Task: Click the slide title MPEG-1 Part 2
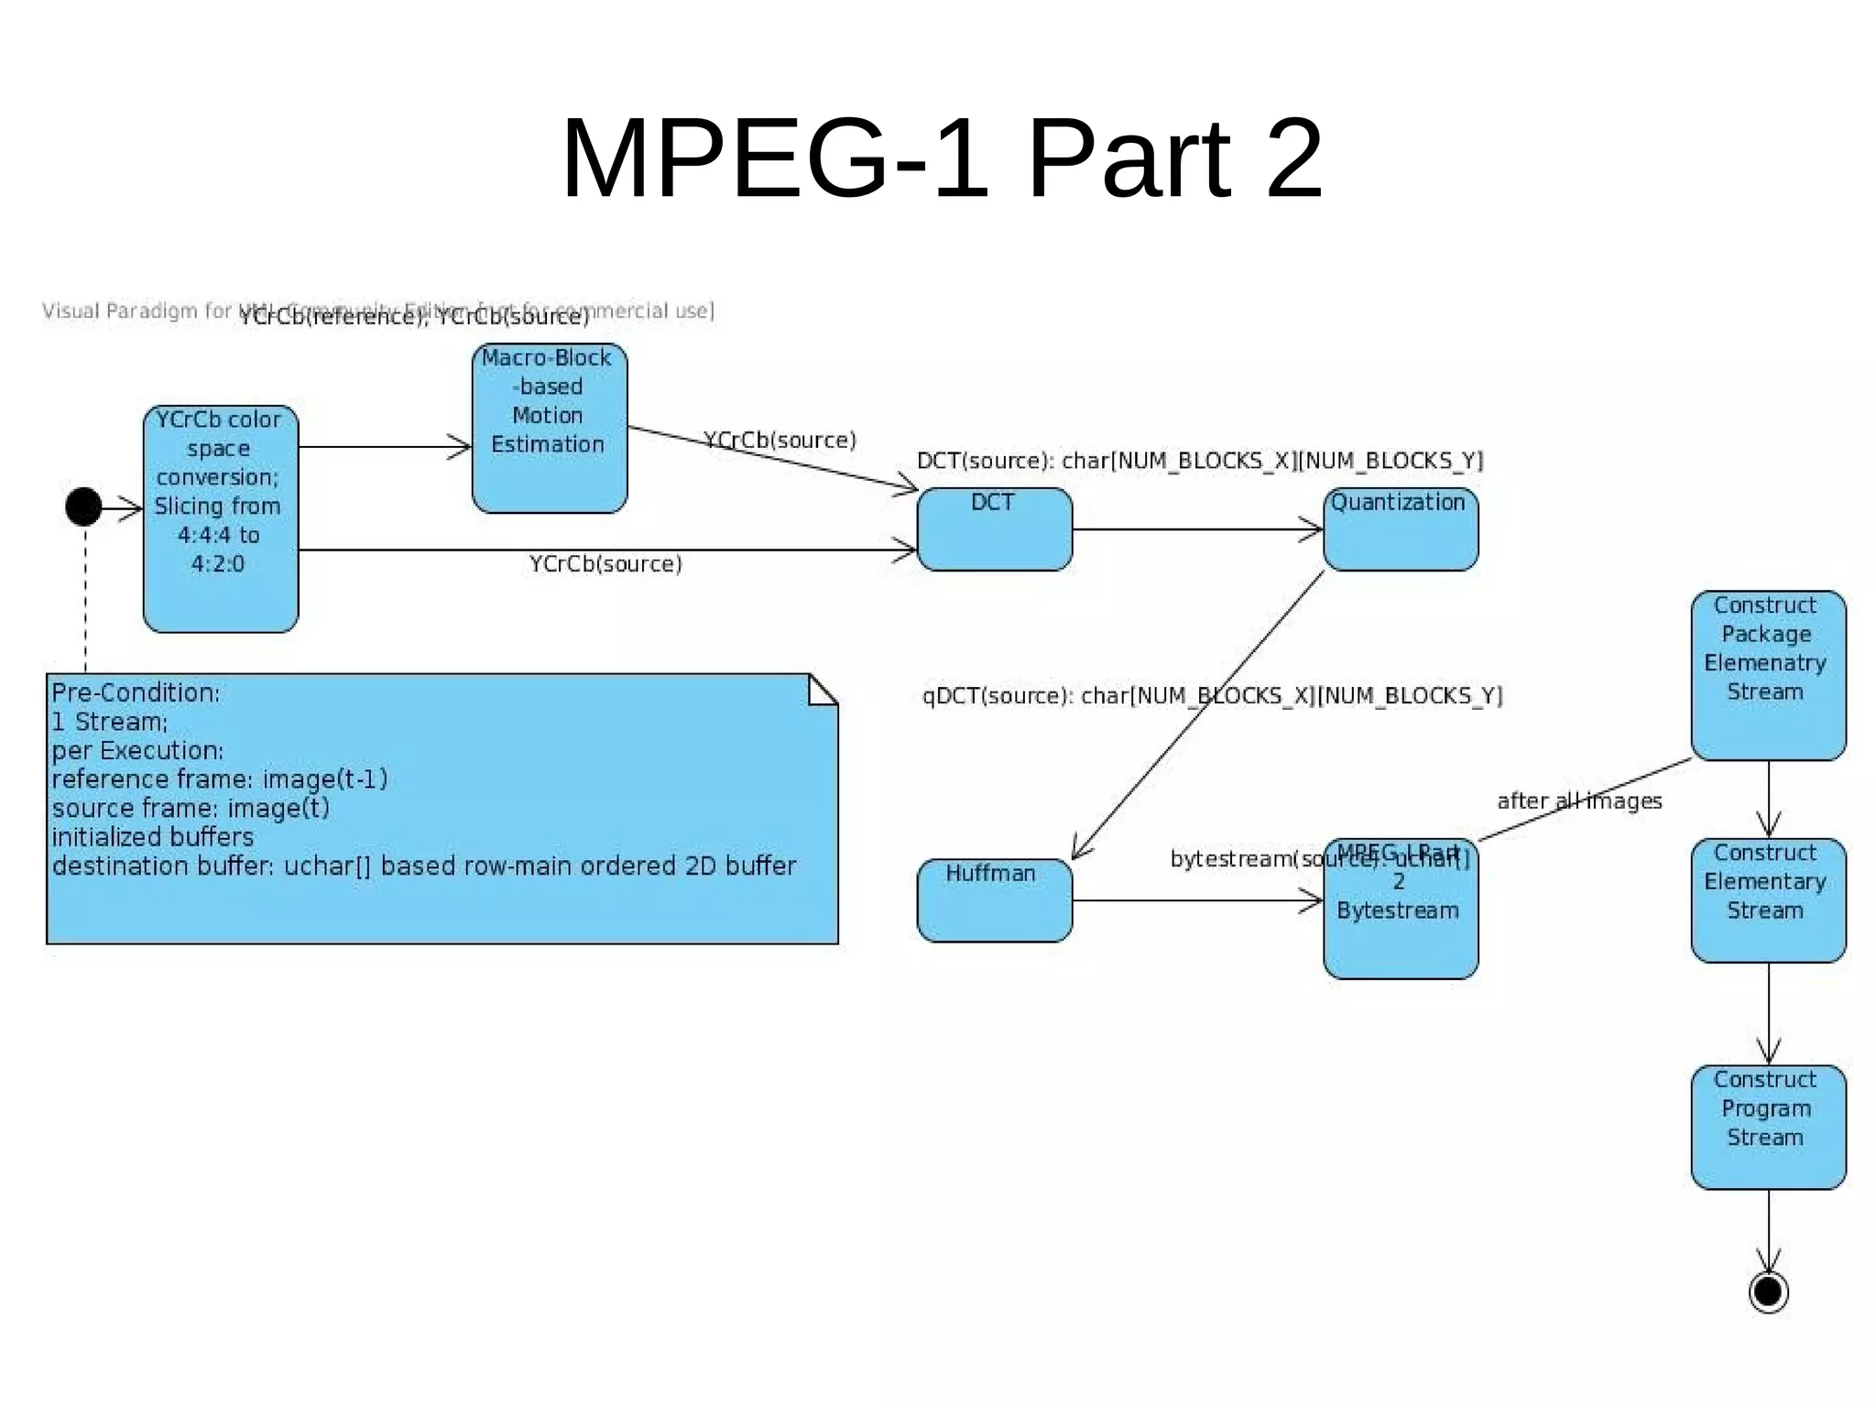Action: pyautogui.click(x=942, y=158)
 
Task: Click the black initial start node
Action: pyautogui.click(x=83, y=507)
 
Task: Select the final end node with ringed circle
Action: pyautogui.click(x=1768, y=1292)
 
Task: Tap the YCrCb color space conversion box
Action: pyautogui.click(x=221, y=519)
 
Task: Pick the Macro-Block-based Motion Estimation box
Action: pyautogui.click(x=550, y=428)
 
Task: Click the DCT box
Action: pyautogui.click(x=995, y=529)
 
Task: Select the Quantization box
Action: pyautogui.click(x=1401, y=529)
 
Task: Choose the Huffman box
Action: pyautogui.click(x=995, y=900)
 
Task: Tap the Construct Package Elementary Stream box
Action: pyautogui.click(x=1768, y=675)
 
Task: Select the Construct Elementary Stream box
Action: pyautogui.click(x=1768, y=900)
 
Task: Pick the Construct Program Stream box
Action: pyautogui.click(x=1768, y=1127)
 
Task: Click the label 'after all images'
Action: pyautogui.click(x=1579, y=801)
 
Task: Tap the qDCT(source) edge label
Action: pyautogui.click(x=1212, y=696)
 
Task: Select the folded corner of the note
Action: pyautogui.click(x=823, y=690)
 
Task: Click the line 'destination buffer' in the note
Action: pyautogui.click(x=423, y=866)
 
